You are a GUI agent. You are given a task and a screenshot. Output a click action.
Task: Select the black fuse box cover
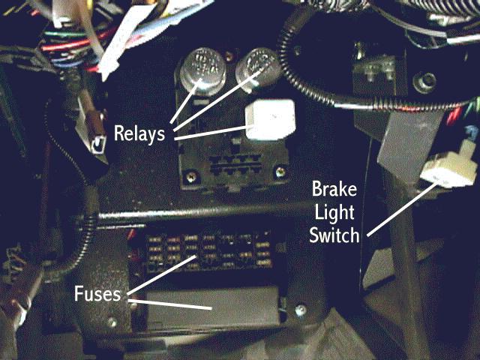(x=217, y=307)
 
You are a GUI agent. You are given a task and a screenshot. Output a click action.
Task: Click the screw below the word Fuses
(x=112, y=322)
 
